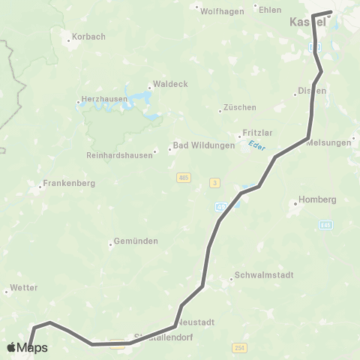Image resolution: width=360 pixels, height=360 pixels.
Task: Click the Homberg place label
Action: (x=317, y=199)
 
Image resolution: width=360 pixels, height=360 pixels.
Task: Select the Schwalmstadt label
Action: (x=258, y=274)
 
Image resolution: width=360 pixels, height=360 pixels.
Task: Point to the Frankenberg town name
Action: (x=67, y=182)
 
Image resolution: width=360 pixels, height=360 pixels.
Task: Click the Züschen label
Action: (x=239, y=107)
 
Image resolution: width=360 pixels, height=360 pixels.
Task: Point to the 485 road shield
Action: (x=183, y=178)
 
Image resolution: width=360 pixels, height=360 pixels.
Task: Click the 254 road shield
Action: (x=240, y=346)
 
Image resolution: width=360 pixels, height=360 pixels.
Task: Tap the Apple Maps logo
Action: (x=27, y=348)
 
